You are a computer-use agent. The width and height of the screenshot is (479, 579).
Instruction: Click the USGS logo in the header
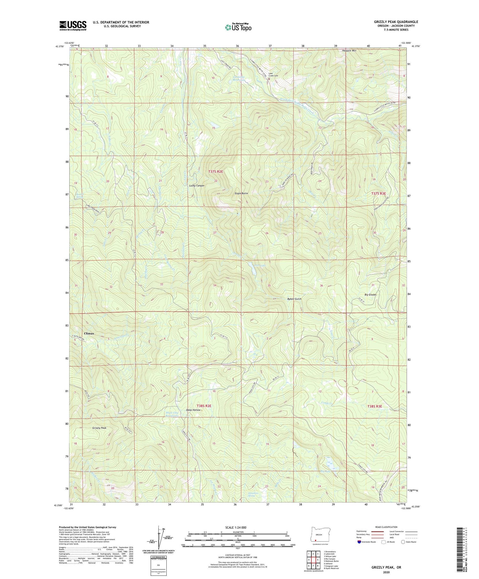(x=73, y=26)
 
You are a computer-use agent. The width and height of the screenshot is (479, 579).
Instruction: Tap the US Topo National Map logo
(x=238, y=27)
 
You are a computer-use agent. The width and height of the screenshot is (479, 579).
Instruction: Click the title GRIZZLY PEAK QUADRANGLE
(x=396, y=22)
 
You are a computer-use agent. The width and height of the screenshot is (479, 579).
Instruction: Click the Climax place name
(x=89, y=333)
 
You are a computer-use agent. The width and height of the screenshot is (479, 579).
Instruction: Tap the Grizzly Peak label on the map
(x=99, y=428)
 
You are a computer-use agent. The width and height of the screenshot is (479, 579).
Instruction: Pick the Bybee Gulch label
(x=294, y=299)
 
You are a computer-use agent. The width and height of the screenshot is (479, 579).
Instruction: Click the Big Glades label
(x=370, y=295)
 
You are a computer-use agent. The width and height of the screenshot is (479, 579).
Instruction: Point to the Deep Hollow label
(x=193, y=410)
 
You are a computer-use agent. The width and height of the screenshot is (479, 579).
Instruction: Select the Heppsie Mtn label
(x=349, y=51)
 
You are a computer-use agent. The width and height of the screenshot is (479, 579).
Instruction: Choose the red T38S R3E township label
(x=374, y=406)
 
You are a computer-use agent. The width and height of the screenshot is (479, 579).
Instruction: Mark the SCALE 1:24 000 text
(x=238, y=527)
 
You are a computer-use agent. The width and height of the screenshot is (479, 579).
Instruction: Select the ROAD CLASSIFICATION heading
(x=386, y=527)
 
